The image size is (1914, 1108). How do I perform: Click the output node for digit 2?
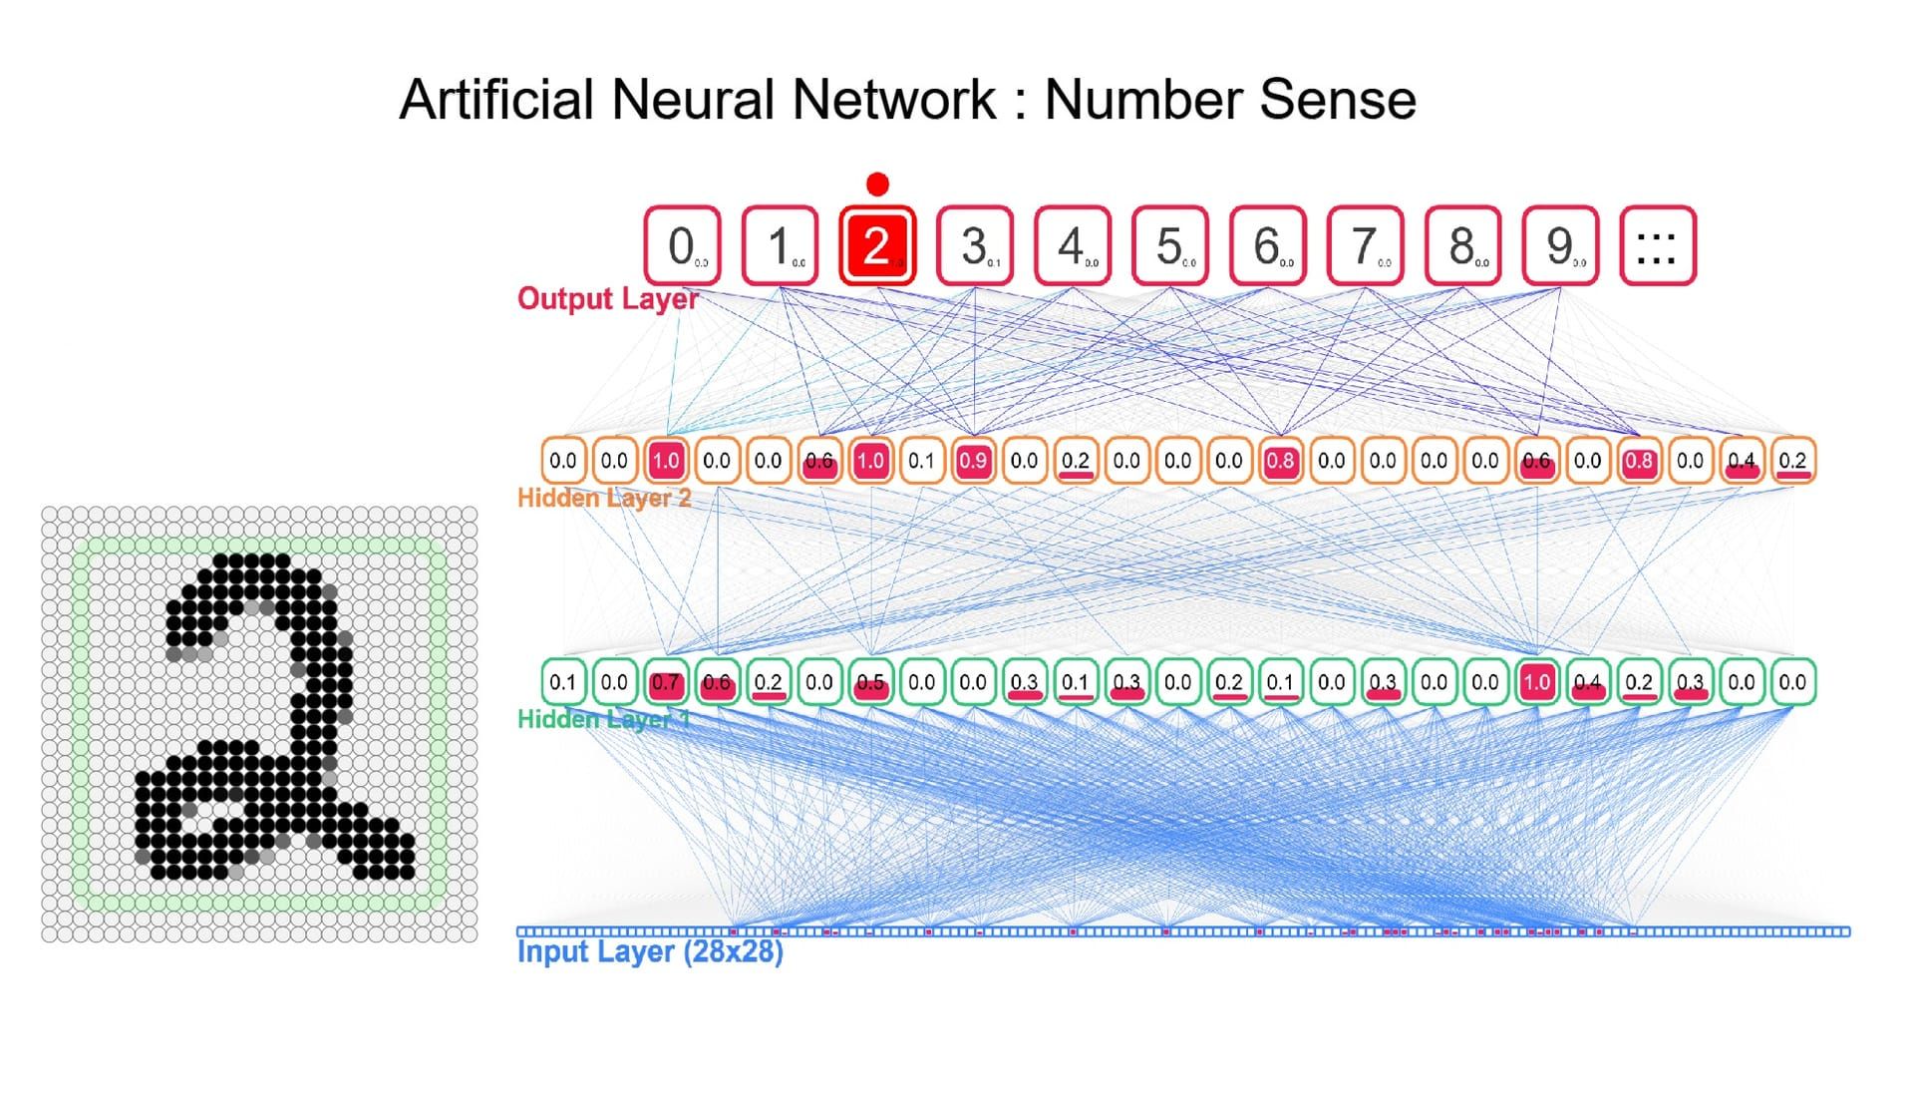876,245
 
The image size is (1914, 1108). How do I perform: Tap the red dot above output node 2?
877,185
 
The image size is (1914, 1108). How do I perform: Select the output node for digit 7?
1365,245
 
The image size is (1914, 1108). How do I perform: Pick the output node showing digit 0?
682,245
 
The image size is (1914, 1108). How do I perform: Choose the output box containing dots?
1657,245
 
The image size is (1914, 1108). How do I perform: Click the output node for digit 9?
1560,245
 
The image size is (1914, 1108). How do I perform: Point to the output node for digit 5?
1169,245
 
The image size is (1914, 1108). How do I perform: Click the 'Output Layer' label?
607,298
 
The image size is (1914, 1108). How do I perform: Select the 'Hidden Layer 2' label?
604,498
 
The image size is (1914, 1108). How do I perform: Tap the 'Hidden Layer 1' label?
603,719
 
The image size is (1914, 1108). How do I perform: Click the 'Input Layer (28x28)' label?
650,951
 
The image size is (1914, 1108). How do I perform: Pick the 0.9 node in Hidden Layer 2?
973,461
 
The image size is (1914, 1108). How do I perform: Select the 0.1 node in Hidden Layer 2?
921,461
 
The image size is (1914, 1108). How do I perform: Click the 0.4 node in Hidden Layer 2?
1742,461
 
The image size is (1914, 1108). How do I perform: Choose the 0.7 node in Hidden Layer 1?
665,682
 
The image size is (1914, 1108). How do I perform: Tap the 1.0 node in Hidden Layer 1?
1536,682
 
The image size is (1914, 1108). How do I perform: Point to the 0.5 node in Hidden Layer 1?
870,682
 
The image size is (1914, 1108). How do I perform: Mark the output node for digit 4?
1072,245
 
